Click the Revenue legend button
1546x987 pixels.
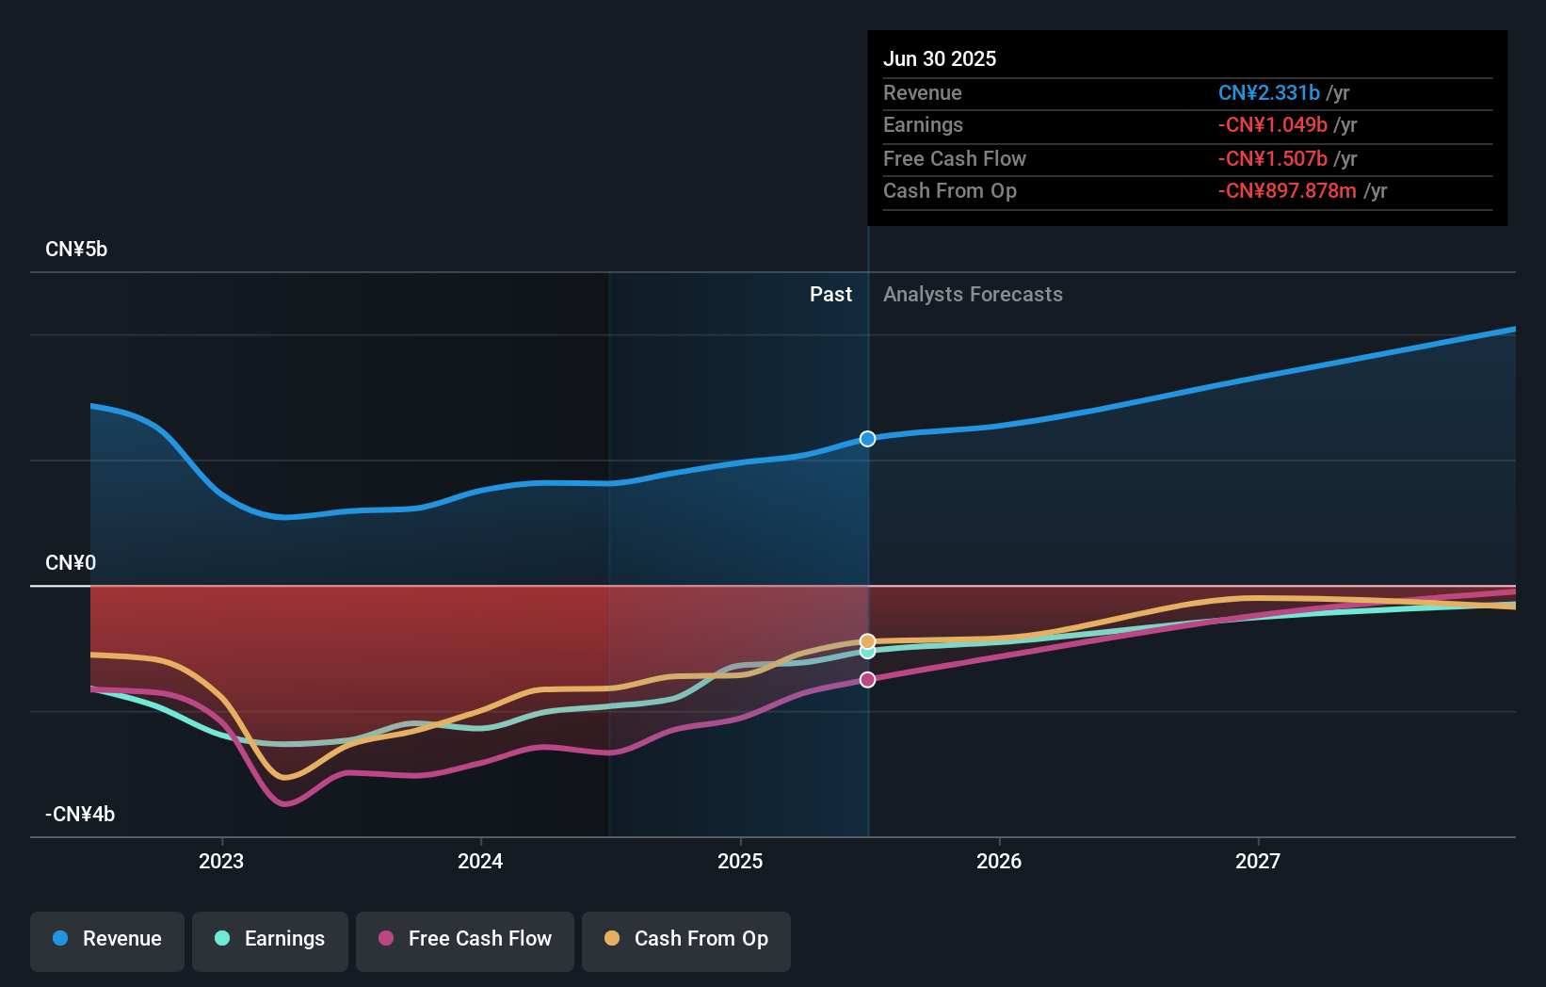tap(107, 939)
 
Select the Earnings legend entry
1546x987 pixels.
tap(270, 939)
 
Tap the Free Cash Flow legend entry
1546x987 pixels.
tap(465, 939)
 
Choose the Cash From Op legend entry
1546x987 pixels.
tap(686, 939)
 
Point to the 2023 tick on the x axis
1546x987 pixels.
tap(221, 861)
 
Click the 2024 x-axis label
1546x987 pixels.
tap(480, 861)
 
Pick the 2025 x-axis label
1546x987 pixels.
tap(740, 861)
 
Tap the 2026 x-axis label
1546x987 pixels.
tap(999, 861)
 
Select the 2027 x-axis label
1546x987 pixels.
tap(1258, 861)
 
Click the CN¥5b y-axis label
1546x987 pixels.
tap(76, 250)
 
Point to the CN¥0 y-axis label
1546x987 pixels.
tap(71, 563)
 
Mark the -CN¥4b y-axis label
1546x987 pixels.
tap(80, 815)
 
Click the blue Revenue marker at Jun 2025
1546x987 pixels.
tap(867, 439)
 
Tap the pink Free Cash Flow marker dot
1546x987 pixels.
tap(867, 680)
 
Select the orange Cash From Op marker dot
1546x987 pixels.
tap(867, 641)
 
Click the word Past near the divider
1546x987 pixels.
tap(830, 295)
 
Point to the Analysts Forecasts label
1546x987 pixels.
tap(973, 295)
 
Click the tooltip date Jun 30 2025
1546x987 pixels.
tap(939, 58)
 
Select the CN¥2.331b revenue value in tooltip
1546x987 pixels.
tap(1268, 92)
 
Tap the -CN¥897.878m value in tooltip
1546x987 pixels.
tap(1287, 191)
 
